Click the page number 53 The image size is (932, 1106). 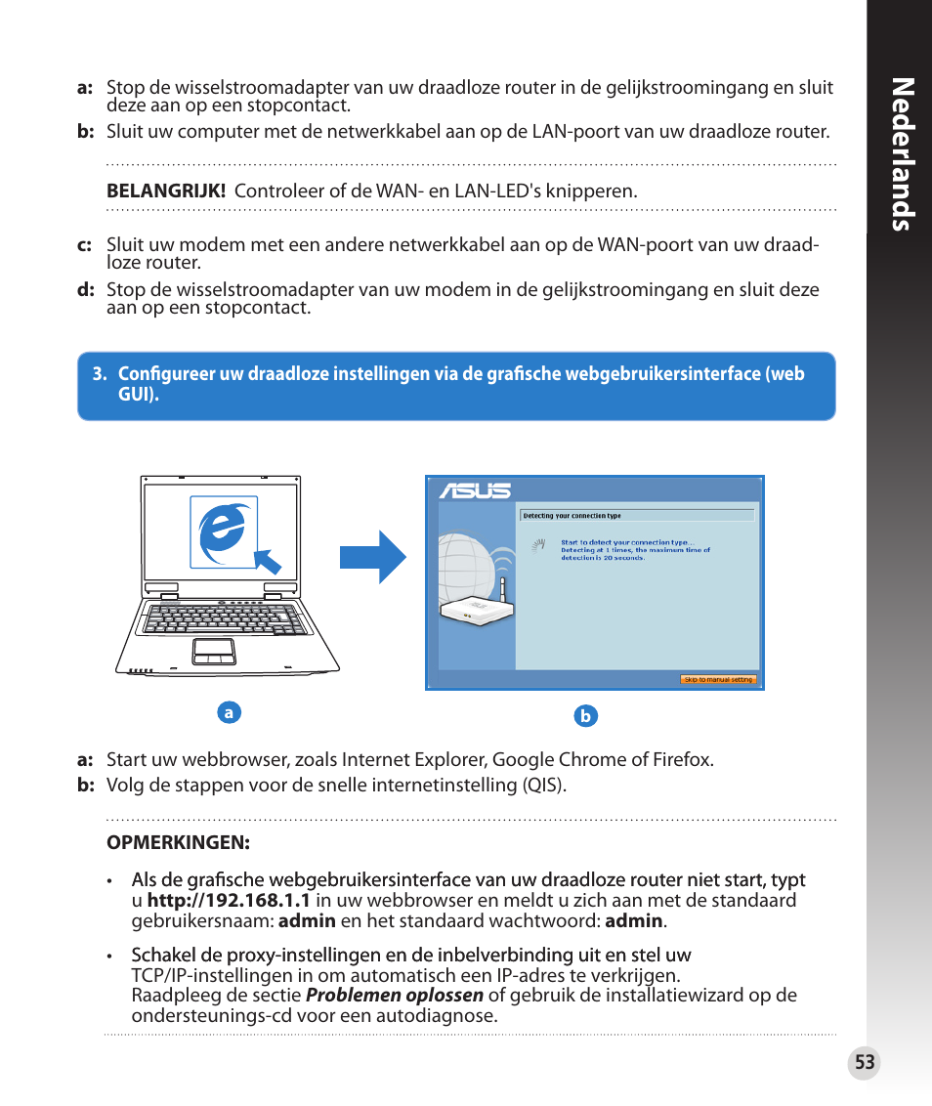coord(864,1063)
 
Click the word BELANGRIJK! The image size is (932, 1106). coord(166,191)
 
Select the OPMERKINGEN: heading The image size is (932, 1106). coord(179,841)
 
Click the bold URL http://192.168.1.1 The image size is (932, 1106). coord(229,901)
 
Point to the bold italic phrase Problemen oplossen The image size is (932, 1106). coord(395,996)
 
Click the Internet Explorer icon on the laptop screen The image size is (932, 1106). coord(224,531)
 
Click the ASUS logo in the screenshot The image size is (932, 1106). coord(475,490)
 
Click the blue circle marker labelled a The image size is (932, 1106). coord(229,712)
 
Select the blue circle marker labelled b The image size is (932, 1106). coord(585,716)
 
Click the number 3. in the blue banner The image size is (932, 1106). coord(99,374)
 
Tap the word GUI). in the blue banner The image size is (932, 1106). coord(139,396)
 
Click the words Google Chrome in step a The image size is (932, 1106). coord(550,759)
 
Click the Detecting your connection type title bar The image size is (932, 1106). coord(637,515)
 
